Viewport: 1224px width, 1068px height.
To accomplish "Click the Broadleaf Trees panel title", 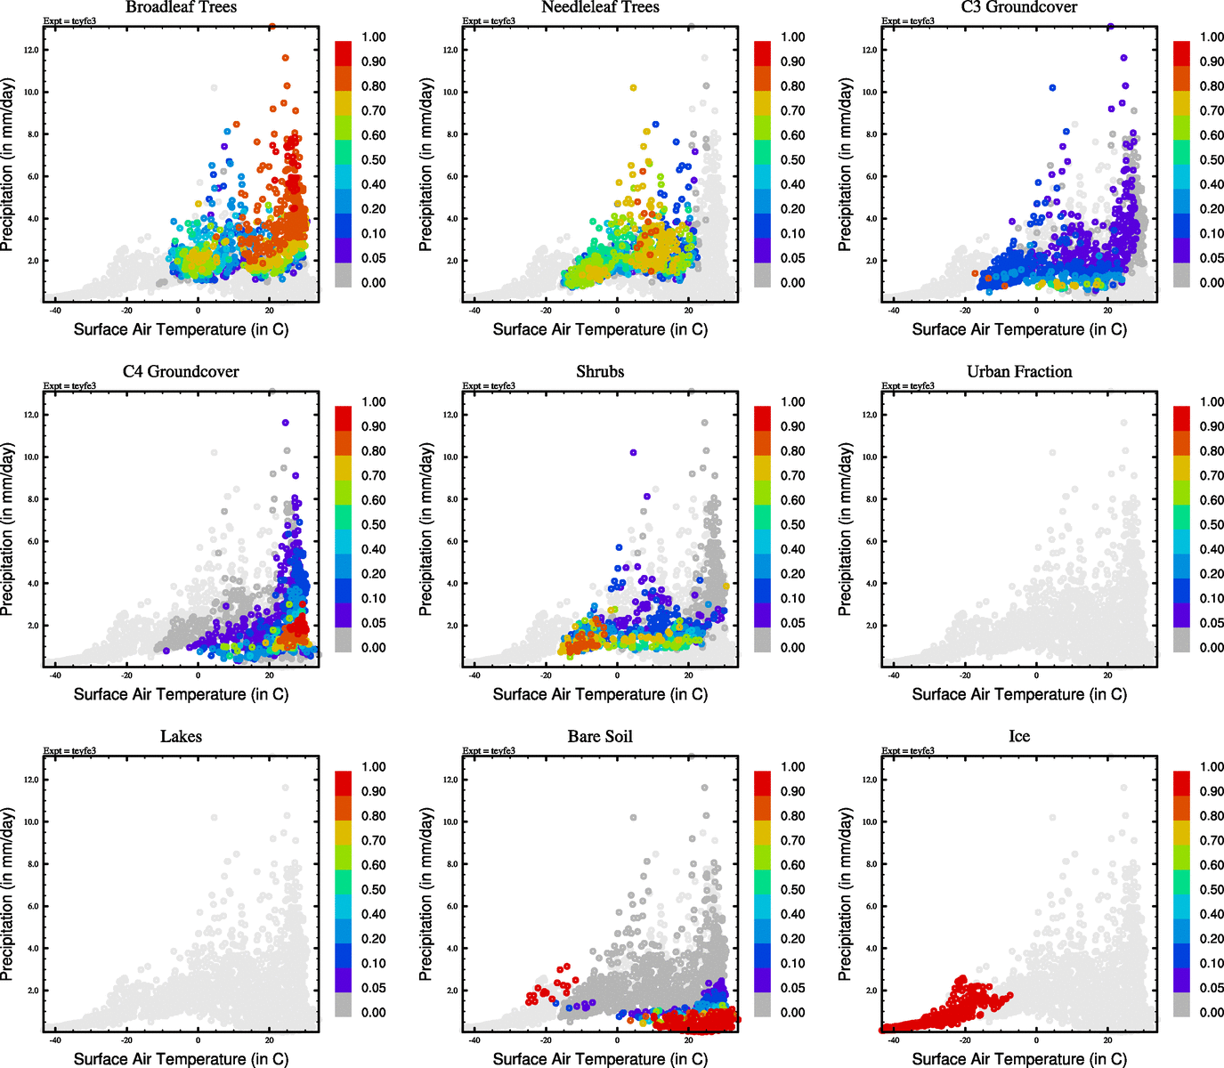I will pos(181,8).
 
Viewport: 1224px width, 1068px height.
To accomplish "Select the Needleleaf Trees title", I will pos(600,8).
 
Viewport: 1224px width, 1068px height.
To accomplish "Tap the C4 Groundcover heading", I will pos(181,372).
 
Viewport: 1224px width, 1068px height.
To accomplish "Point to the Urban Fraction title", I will pos(1019,372).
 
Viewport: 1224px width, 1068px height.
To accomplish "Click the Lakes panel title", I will pos(181,737).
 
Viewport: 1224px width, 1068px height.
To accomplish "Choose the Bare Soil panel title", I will pos(600,737).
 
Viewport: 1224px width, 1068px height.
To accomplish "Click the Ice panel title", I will pos(1019,737).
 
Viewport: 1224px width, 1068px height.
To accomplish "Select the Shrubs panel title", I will pos(600,372).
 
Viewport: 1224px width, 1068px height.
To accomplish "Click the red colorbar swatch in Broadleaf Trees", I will pos(344,53).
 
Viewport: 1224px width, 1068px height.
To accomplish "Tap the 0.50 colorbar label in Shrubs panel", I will pos(792,525).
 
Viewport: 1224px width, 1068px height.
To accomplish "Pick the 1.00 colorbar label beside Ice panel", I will pos(1212,767).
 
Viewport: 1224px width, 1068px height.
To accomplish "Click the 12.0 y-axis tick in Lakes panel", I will pos(30,780).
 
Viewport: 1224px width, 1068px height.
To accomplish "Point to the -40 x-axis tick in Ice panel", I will pos(894,1040).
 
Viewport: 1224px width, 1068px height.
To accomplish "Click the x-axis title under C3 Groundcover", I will pos(1019,329).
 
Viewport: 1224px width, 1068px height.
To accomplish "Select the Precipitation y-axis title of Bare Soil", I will pos(426,894).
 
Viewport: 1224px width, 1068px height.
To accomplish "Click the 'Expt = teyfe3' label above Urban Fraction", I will pos(908,386).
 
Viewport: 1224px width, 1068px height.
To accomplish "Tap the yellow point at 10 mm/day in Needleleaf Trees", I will pos(633,88).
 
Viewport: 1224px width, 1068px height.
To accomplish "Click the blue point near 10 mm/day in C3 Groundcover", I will pos(1052,88).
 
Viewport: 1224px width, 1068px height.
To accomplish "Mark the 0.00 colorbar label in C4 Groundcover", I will pos(373,648).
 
